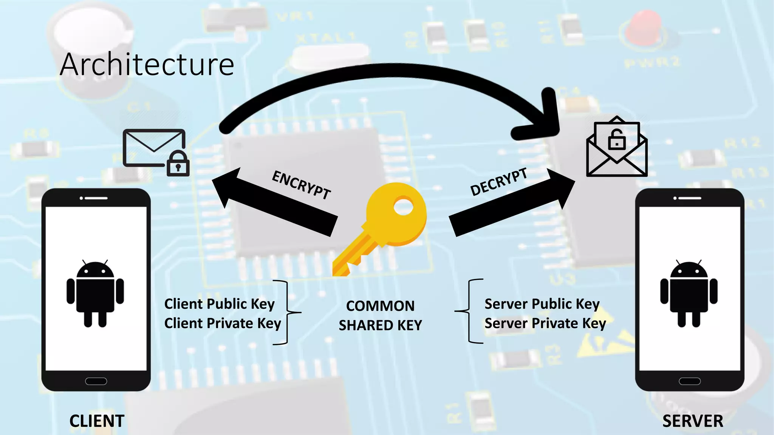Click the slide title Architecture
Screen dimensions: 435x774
coord(147,65)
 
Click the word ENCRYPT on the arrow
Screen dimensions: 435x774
coord(301,185)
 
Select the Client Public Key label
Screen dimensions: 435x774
coord(219,304)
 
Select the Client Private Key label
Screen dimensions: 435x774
coord(223,324)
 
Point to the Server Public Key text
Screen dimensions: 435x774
coord(542,304)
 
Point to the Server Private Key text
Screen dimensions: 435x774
coord(545,324)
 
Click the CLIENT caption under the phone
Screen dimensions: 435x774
coord(97,421)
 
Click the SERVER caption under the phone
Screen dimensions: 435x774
coord(693,421)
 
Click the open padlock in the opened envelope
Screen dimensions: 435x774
coord(617,140)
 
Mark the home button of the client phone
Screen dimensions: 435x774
coord(96,381)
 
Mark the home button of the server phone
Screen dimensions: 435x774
coord(690,381)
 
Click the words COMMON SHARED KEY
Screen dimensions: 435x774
coord(380,316)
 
